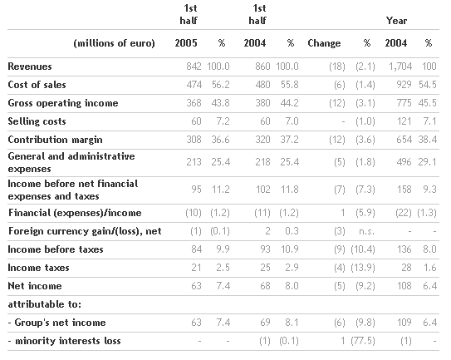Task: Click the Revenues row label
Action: [30, 67]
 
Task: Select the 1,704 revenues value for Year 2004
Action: [400, 67]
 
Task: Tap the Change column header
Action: [324, 43]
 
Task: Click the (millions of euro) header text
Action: [114, 43]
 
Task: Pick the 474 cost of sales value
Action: [194, 85]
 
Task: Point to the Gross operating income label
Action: [63, 103]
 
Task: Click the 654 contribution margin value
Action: [404, 140]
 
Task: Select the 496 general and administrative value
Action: [404, 162]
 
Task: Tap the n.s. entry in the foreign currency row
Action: [366, 231]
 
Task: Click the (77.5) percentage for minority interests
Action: [363, 341]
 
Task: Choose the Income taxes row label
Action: [38, 268]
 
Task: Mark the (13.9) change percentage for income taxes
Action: [363, 268]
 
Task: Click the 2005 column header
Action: [186, 43]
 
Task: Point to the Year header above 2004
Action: [396, 21]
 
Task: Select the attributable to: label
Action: [45, 304]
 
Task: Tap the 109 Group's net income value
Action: [404, 323]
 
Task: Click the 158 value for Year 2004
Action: [404, 190]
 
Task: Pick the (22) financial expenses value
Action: [404, 213]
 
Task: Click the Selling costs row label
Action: [37, 121]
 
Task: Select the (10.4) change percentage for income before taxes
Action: [363, 249]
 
